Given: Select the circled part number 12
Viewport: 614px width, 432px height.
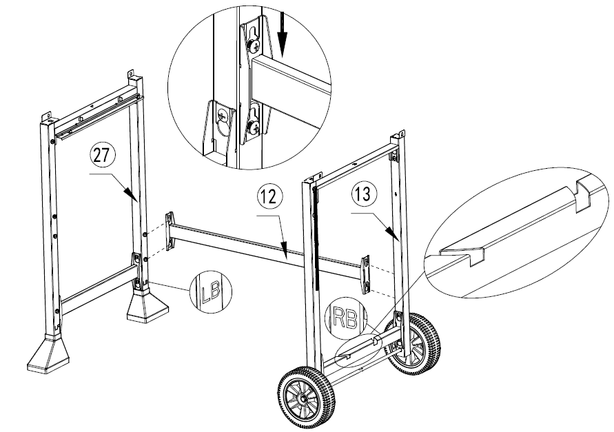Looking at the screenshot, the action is (269, 197).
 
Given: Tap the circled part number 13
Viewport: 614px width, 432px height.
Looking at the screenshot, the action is (364, 194).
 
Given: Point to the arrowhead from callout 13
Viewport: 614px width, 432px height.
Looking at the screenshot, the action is (395, 234).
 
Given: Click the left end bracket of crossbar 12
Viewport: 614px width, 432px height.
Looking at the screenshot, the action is (170, 231).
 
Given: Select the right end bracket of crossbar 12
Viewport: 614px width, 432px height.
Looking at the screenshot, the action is (366, 274).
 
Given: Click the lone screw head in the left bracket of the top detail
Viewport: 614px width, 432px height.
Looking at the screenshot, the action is (222, 116).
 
